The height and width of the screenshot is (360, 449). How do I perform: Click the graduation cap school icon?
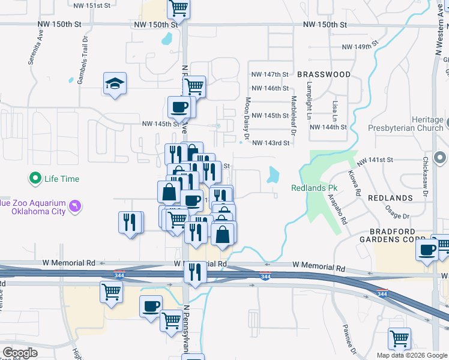(115, 84)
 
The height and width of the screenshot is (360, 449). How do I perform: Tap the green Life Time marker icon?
(35, 178)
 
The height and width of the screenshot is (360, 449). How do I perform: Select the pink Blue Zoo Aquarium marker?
(76, 206)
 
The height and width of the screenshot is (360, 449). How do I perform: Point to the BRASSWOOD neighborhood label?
(324, 74)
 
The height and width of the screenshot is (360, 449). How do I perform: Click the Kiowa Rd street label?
(353, 184)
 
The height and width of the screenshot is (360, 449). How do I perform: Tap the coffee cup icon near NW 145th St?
(180, 107)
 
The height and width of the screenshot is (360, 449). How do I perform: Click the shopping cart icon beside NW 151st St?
(179, 8)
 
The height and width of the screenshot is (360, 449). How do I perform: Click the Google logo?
(20, 353)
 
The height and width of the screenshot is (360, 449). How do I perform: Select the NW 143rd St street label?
(271, 143)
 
